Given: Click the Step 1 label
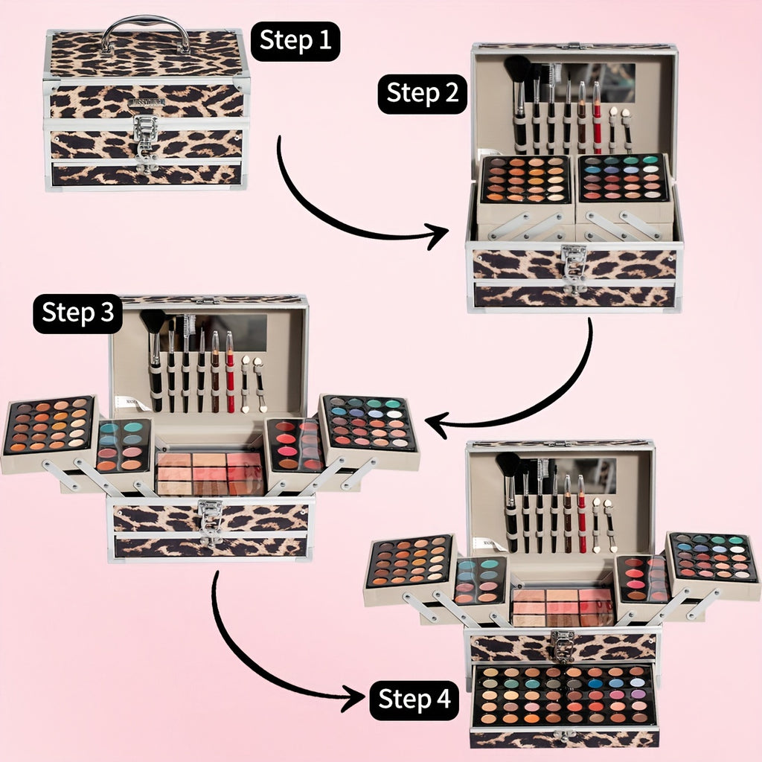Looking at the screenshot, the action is click(x=295, y=41).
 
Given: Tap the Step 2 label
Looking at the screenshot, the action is click(x=423, y=94).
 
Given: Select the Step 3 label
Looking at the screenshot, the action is click(x=77, y=313).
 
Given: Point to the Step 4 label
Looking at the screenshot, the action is click(x=414, y=700).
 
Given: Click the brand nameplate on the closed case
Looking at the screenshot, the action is click(x=147, y=102).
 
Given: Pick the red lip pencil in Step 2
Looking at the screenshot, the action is click(x=596, y=117).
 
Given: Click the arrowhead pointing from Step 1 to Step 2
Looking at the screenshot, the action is click(x=438, y=236).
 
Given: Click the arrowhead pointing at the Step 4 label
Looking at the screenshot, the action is click(x=353, y=699).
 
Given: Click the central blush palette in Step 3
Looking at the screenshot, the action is click(x=209, y=473).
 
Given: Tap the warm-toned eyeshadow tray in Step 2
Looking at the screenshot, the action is click(x=526, y=179).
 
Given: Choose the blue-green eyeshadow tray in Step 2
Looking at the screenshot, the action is click(x=623, y=177).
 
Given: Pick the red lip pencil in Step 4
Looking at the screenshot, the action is click(x=582, y=515).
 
